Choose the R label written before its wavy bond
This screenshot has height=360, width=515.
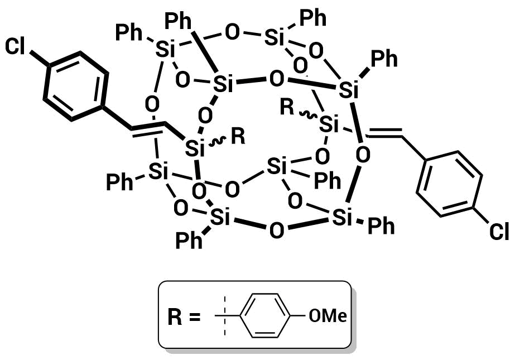pos(287,107)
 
